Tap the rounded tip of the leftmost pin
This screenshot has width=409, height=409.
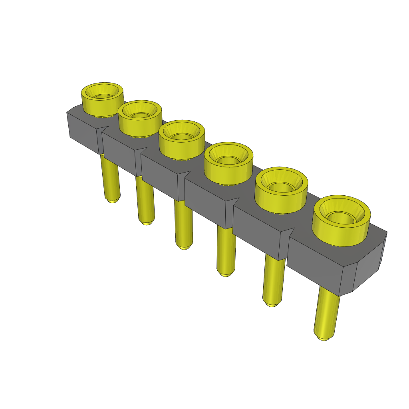tap(113, 201)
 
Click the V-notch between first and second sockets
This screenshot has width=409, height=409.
tap(105, 129)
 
